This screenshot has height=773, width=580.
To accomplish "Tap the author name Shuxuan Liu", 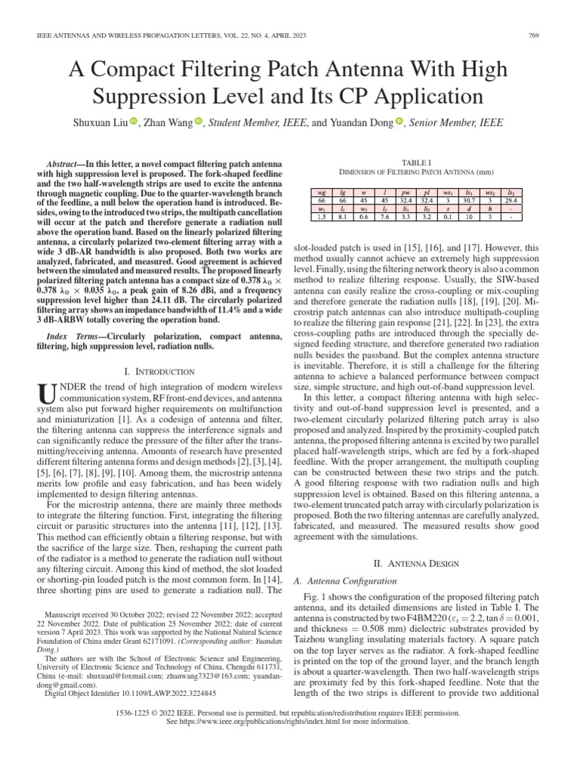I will (x=101, y=122).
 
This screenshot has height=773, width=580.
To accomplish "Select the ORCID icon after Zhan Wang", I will (x=199, y=121).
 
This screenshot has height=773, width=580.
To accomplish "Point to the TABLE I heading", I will (x=416, y=162).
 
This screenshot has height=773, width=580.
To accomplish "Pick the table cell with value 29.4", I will (x=511, y=201).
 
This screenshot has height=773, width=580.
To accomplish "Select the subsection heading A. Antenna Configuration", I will (x=344, y=581).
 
